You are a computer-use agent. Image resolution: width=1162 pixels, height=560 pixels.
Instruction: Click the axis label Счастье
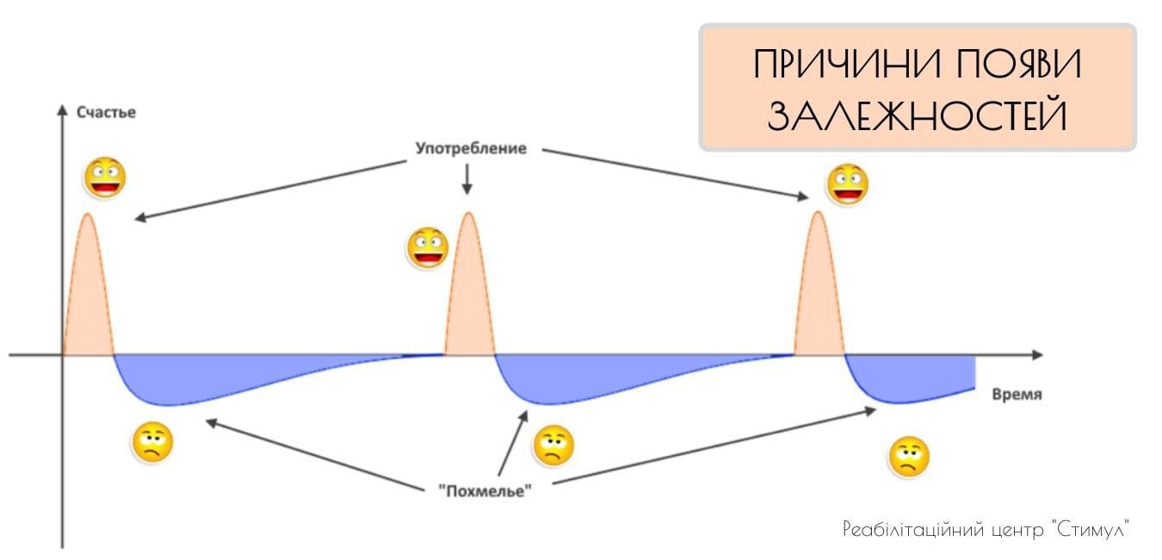point(107,113)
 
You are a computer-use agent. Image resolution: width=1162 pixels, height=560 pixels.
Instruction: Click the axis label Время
point(1017,395)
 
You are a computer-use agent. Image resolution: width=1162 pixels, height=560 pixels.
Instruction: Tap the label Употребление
point(471,149)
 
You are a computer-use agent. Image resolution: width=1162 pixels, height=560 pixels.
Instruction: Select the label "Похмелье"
point(485,491)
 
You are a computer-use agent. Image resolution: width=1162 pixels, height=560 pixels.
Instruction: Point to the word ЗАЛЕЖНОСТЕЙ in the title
point(918,115)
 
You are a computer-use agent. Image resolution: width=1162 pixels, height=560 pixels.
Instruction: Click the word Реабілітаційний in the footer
point(913,530)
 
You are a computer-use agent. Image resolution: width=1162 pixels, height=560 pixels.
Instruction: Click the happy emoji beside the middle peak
point(428,248)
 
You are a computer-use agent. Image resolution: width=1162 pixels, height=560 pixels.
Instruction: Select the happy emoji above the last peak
point(848,184)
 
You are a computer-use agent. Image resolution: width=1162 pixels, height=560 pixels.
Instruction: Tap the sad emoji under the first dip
point(152,442)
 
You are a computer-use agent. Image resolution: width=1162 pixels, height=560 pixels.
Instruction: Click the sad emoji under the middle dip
point(553,445)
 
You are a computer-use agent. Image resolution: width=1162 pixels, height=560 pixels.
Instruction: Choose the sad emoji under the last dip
point(909,457)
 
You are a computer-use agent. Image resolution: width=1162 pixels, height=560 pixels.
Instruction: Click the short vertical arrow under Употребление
point(467,179)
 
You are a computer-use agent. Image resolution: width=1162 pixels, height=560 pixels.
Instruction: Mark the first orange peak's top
point(88,214)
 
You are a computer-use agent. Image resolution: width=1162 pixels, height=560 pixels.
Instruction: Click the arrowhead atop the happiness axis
point(62,109)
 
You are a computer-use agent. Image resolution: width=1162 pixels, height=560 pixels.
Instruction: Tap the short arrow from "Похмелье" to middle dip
point(512,443)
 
